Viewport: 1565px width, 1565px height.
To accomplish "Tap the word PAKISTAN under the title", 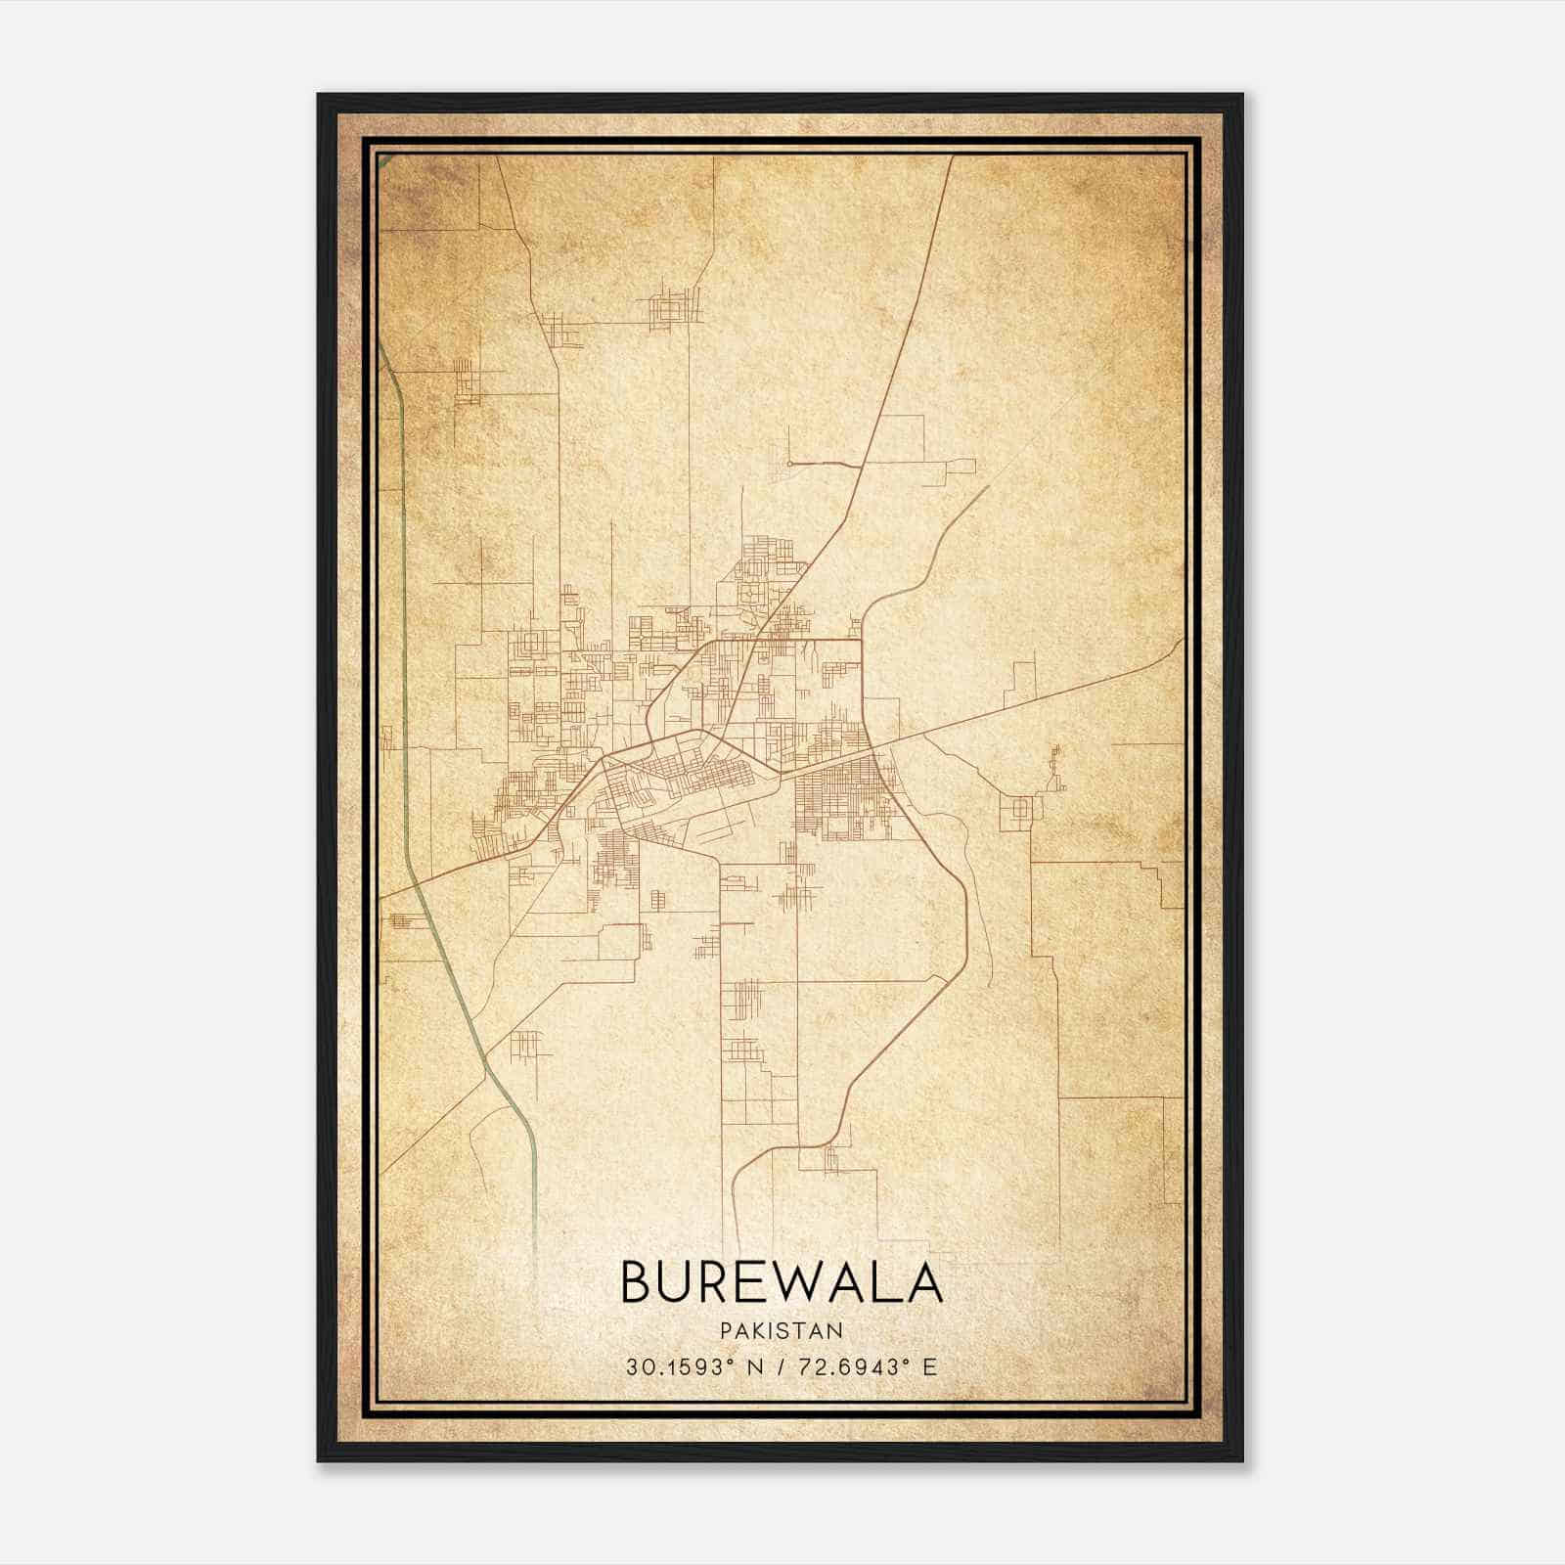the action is coord(782,1330).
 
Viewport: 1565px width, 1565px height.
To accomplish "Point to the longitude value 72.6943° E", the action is coord(861,1366).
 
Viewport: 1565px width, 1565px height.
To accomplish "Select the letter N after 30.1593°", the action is coord(754,1366).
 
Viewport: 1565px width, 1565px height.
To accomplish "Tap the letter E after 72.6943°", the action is coord(930,1366).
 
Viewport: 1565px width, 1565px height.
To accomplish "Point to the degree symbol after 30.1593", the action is coord(732,1361).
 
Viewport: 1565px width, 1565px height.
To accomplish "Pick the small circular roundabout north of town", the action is coord(788,463).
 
